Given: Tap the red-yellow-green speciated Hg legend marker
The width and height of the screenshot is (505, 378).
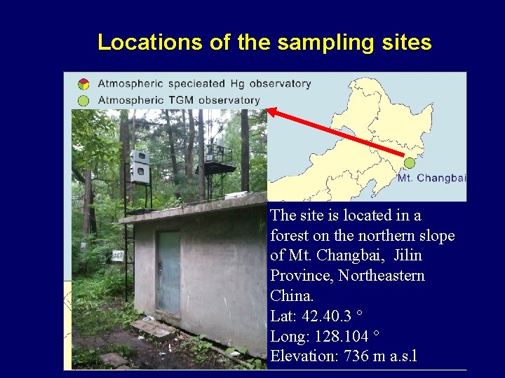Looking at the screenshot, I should (x=83, y=84).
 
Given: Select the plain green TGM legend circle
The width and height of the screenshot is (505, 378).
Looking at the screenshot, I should (x=83, y=100).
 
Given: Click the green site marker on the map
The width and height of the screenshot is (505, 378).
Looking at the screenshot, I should (x=409, y=163).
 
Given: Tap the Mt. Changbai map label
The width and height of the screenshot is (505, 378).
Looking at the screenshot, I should (x=431, y=178).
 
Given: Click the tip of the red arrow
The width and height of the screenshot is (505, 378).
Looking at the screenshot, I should (x=269, y=110).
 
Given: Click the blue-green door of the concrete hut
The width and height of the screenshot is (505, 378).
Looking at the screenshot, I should (x=168, y=272).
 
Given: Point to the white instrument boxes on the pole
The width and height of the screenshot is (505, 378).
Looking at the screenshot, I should (x=140, y=167).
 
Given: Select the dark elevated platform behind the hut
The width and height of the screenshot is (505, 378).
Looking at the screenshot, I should (x=215, y=168).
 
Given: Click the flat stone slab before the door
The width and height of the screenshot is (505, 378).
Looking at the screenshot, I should (x=152, y=328).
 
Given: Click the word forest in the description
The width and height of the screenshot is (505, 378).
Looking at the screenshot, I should (x=290, y=236).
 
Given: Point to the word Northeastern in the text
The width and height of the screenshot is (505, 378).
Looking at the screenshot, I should (x=382, y=276).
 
